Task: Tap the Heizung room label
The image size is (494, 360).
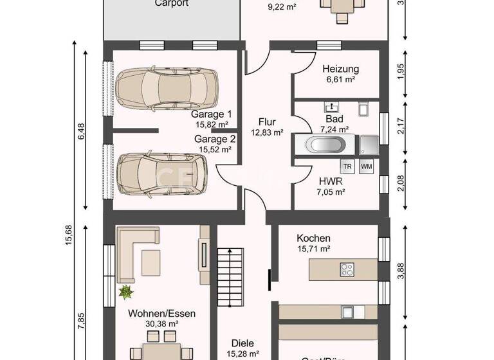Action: (x=341, y=69)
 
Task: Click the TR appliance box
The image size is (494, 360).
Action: (x=347, y=166)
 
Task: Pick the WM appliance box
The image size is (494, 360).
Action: (x=367, y=166)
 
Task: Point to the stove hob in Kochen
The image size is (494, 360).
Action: (x=347, y=269)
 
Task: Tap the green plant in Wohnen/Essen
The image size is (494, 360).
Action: (x=125, y=292)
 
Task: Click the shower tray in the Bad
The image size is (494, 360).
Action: (x=369, y=143)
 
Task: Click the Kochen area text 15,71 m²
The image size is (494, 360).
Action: (x=313, y=248)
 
